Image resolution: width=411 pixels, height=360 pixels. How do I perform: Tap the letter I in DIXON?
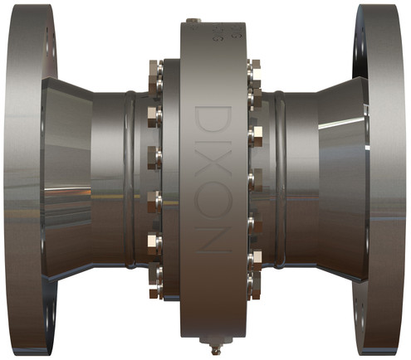[210, 149]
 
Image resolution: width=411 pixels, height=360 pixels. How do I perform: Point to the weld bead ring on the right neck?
[281, 178]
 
